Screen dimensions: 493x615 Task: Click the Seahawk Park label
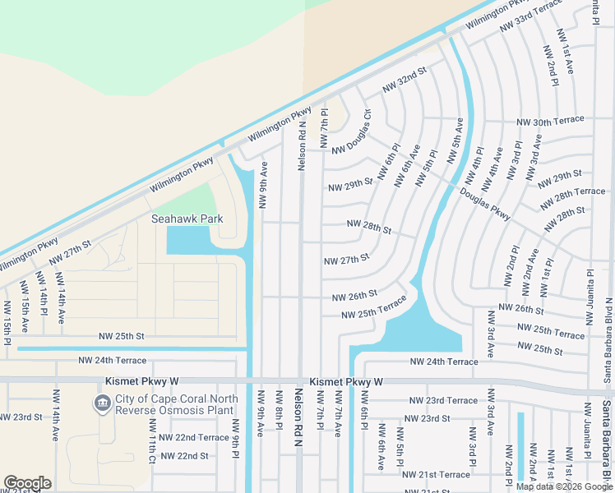point(187,219)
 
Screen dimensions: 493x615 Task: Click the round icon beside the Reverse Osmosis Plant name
point(102,402)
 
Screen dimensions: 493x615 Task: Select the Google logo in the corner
point(27,483)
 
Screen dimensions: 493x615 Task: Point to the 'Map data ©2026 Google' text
point(565,486)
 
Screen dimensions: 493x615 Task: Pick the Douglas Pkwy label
point(485,205)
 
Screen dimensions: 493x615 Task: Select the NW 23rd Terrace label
point(443,401)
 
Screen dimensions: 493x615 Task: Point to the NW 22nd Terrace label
point(196,437)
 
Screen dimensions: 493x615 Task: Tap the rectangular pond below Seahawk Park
point(187,241)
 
